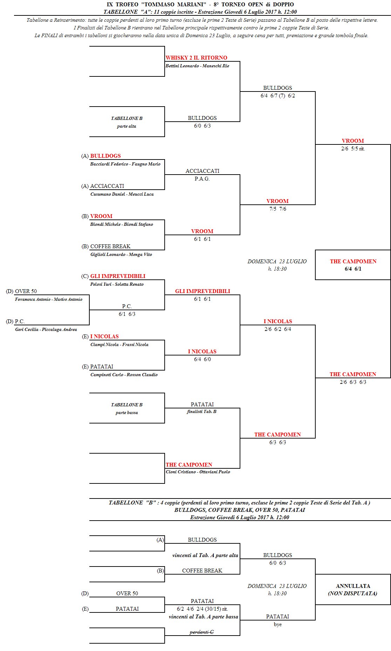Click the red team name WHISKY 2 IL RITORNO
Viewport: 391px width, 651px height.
tap(196, 58)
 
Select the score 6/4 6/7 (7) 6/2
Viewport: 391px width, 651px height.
tap(277, 96)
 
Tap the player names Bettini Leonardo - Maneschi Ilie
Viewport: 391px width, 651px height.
tap(197, 66)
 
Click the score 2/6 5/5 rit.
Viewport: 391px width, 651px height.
tap(353, 149)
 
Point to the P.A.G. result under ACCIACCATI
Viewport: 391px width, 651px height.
tap(202, 179)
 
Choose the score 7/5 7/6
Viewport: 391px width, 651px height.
tap(277, 209)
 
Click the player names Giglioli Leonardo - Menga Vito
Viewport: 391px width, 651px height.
tap(121, 255)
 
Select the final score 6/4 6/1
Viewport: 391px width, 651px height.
tap(353, 269)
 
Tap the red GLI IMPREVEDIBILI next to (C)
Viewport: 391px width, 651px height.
tap(118, 276)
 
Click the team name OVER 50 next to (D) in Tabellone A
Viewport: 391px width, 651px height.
tap(26, 291)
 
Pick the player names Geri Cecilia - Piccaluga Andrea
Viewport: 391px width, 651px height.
tap(46, 330)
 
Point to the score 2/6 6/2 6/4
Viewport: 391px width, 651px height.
tap(277, 329)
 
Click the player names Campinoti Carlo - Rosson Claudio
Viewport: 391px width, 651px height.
tap(124, 375)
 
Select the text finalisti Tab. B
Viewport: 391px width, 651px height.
tap(202, 412)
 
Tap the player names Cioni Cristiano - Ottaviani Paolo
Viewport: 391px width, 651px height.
tap(198, 472)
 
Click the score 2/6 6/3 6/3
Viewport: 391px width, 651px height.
tap(353, 382)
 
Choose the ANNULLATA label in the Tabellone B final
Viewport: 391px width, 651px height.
tap(353, 586)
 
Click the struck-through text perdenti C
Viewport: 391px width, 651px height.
tap(202, 632)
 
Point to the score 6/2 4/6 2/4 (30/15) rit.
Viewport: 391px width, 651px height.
tap(202, 609)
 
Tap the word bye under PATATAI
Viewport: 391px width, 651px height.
tap(277, 624)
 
